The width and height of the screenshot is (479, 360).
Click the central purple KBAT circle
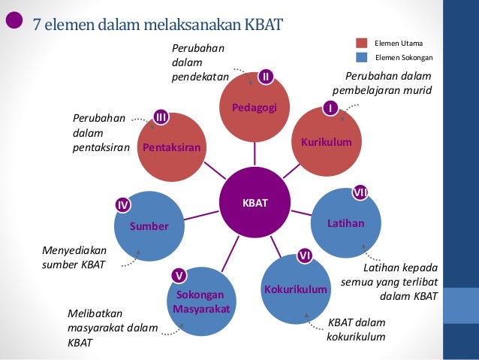[x=254, y=203]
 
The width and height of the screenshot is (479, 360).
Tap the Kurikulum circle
[x=326, y=141]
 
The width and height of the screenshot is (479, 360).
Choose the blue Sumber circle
[x=148, y=226]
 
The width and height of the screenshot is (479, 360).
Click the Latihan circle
[x=345, y=223]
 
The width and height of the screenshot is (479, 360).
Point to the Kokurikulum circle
[x=295, y=289]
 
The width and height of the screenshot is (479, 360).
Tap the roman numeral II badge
[x=265, y=76]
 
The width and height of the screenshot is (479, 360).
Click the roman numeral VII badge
[x=360, y=193]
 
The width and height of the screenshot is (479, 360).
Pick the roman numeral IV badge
[x=122, y=204]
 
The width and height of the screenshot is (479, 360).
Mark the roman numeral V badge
[x=179, y=275]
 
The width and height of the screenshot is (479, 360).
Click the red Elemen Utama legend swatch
[x=362, y=43]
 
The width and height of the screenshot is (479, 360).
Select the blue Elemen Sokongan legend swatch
[x=362, y=57]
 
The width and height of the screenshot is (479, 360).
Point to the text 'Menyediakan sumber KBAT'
[x=74, y=257]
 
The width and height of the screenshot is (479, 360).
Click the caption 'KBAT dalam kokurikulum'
[x=356, y=329]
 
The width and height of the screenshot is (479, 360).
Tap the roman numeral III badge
[x=161, y=116]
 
